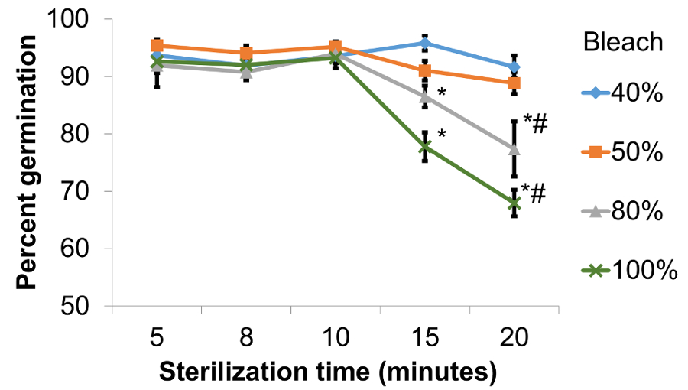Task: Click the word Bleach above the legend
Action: [x=623, y=42]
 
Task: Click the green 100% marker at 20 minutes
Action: [x=514, y=203]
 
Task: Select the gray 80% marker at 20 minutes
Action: [x=514, y=148]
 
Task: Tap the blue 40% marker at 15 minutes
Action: [x=425, y=43]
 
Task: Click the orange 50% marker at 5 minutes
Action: [x=157, y=46]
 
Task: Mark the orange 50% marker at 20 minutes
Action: [x=514, y=83]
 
